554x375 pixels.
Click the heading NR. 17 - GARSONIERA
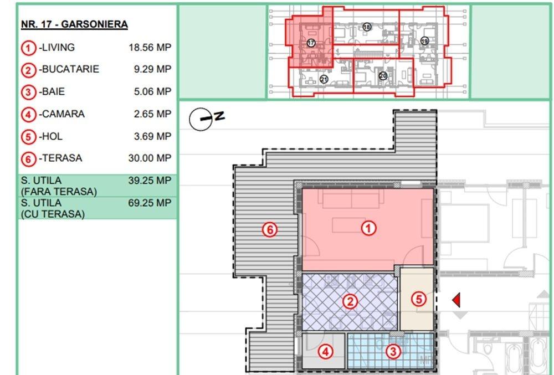(74, 24)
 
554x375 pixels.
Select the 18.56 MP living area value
(150, 47)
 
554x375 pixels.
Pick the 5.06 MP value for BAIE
(152, 91)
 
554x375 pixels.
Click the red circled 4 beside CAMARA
(29, 115)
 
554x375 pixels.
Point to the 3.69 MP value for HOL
(152, 136)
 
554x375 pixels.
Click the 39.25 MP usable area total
(150, 181)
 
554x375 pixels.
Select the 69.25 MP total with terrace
(150, 203)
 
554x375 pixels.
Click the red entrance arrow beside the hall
(456, 300)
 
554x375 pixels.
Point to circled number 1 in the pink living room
(368, 228)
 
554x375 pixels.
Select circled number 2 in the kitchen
(350, 301)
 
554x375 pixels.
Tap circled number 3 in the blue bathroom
(393, 351)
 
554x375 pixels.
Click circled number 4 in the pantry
(325, 352)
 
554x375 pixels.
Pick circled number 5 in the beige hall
(419, 300)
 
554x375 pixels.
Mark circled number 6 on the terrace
(270, 230)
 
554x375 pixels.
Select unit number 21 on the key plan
(324, 79)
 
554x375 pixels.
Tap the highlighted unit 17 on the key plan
(311, 43)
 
